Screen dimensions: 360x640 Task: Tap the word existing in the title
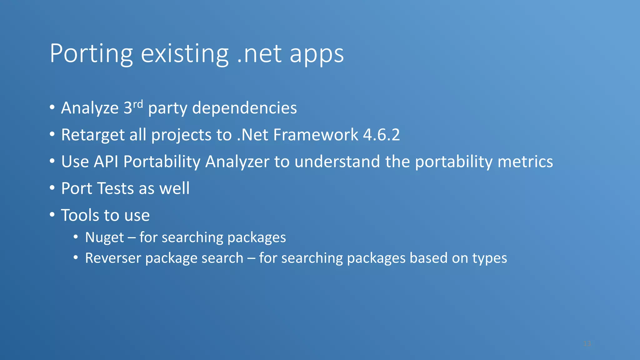[185, 54]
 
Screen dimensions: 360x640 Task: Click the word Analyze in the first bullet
[90, 108]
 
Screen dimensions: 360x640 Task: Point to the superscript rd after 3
[138, 104]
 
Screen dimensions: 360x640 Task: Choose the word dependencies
[244, 108]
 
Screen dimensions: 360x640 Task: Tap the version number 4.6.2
[381, 135]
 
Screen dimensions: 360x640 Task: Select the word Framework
[316, 135]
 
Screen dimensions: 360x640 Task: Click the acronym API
[106, 162]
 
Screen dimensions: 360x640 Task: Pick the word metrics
[525, 162]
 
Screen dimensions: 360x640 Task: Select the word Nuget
[104, 237]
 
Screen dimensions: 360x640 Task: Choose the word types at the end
[489, 258]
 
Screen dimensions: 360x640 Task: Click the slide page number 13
[587, 344]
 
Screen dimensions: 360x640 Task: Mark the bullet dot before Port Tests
[52, 188]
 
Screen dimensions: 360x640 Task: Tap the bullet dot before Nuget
[76, 237]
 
